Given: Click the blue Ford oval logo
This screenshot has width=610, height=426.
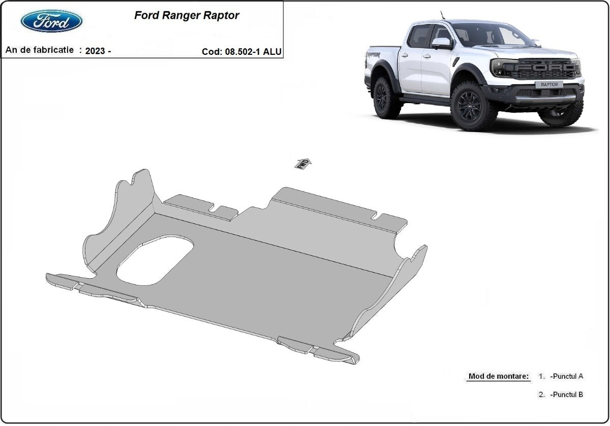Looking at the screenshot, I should click(x=51, y=21).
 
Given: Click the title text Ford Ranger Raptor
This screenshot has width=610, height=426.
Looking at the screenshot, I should click(x=187, y=15).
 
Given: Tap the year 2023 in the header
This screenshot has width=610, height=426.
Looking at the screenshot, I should click(x=96, y=51).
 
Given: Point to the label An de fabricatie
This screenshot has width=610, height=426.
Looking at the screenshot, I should click(x=40, y=50).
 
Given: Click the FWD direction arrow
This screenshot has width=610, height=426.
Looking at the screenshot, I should click(x=303, y=163).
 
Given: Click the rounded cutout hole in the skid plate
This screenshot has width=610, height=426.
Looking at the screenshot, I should click(x=156, y=260).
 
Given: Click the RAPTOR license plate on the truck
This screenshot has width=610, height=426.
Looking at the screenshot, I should click(x=548, y=84).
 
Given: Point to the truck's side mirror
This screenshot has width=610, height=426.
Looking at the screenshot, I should click(x=441, y=43).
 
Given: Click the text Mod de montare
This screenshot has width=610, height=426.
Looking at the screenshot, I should click(x=498, y=376).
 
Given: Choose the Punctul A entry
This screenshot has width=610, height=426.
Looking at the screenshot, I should click(x=566, y=376).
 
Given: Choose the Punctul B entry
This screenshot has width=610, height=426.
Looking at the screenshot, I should click(x=566, y=395).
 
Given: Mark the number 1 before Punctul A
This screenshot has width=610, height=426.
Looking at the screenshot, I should click(x=541, y=376).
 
